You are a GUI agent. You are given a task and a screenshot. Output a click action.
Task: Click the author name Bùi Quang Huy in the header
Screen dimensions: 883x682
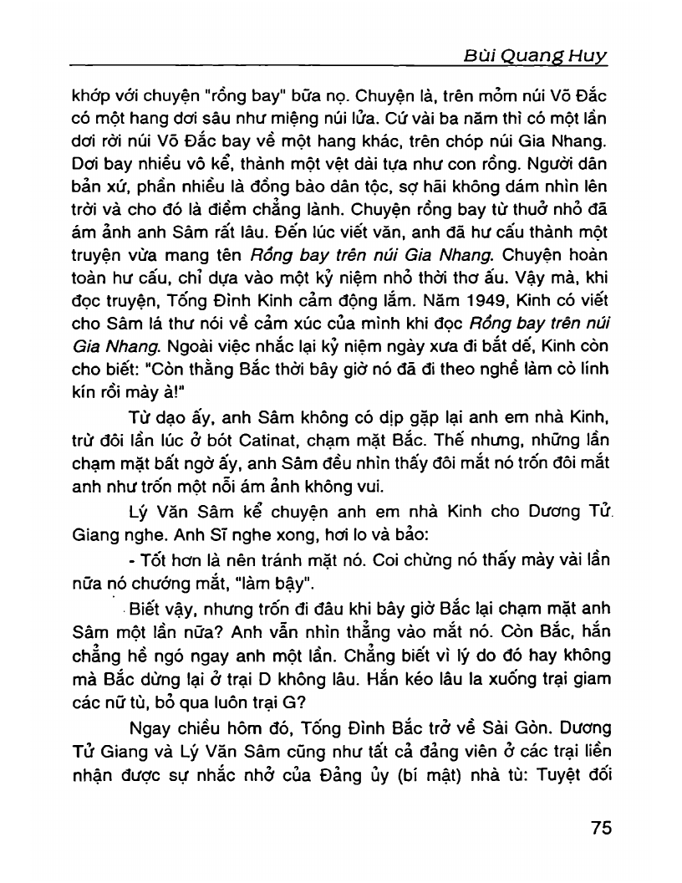(x=535, y=56)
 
